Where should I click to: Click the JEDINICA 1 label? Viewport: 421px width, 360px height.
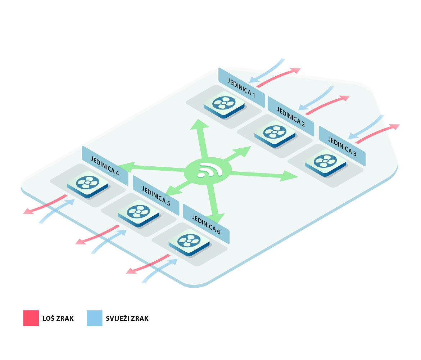241,87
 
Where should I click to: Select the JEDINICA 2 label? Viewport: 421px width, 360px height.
291,116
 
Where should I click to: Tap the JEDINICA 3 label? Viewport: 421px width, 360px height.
342,146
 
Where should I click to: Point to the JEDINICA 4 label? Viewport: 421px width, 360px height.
105,166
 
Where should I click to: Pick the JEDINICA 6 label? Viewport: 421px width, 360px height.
206,224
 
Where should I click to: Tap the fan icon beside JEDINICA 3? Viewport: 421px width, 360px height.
325,161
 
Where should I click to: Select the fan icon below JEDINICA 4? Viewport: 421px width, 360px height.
87,183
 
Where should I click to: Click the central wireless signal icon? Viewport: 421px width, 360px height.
208,170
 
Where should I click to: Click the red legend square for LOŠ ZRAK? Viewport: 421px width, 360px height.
31,318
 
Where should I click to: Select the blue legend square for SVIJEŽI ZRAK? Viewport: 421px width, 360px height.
94,318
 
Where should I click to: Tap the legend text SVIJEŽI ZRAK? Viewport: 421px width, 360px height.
127,319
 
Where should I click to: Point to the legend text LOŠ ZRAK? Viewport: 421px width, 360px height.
58,319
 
